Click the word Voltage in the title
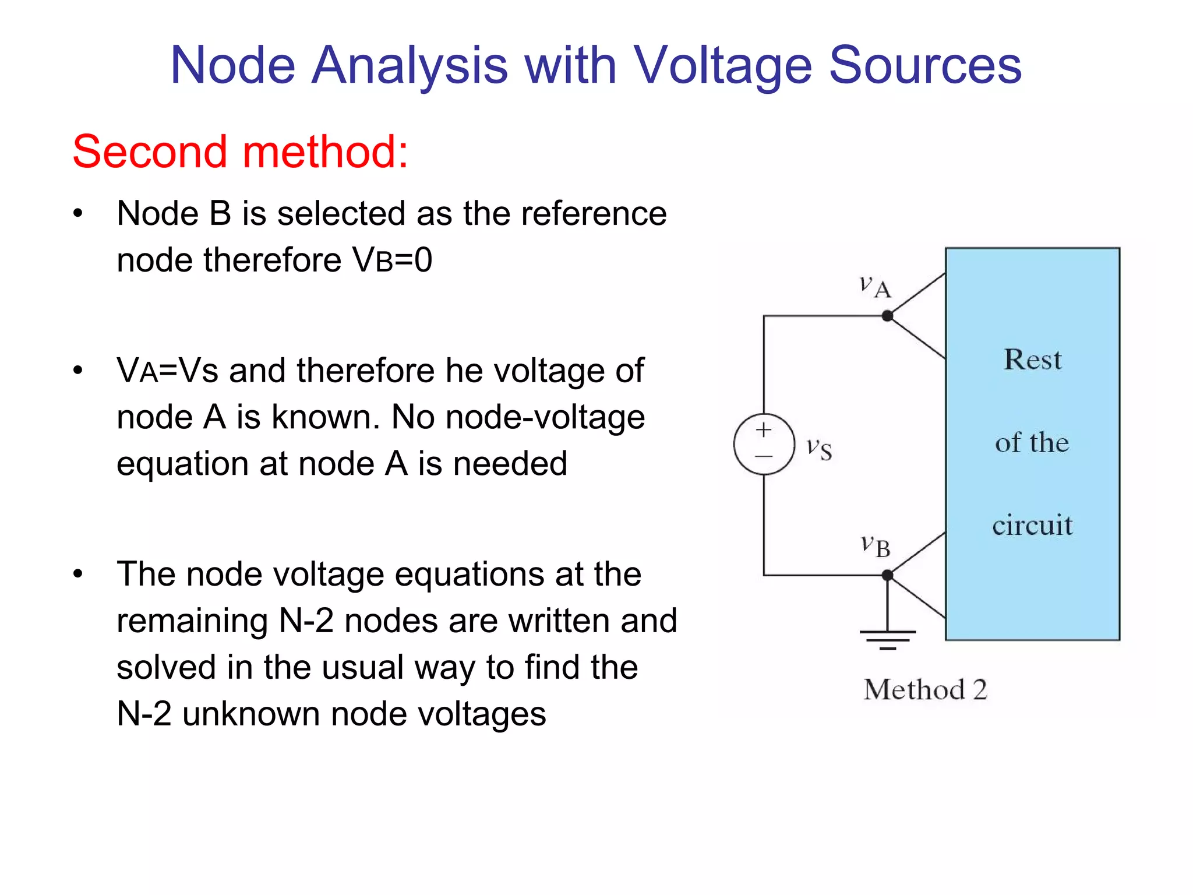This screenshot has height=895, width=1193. pyautogui.click(x=722, y=65)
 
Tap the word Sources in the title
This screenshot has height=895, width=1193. pyautogui.click(x=925, y=65)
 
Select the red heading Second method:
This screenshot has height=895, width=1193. pyautogui.click(x=240, y=151)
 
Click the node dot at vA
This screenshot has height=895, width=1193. pyautogui.click(x=887, y=316)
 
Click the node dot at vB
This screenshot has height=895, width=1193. pyautogui.click(x=887, y=575)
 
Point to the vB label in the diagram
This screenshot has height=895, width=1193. pyautogui.click(x=876, y=546)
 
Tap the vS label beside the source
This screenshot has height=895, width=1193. pyautogui.click(x=819, y=449)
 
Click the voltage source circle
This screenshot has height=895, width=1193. pyautogui.click(x=764, y=444)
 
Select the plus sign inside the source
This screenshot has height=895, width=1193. pyautogui.click(x=764, y=431)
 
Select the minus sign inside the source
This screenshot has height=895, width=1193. pyautogui.click(x=764, y=456)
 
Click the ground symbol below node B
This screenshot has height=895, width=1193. pyautogui.click(x=887, y=639)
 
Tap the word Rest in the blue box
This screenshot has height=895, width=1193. pyautogui.click(x=1032, y=360)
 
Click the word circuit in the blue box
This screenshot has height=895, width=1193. pyautogui.click(x=1032, y=525)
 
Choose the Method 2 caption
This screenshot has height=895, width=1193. pyautogui.click(x=925, y=690)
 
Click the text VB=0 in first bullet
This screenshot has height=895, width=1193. pyautogui.click(x=392, y=260)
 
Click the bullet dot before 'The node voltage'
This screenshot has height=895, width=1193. pyautogui.click(x=78, y=574)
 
